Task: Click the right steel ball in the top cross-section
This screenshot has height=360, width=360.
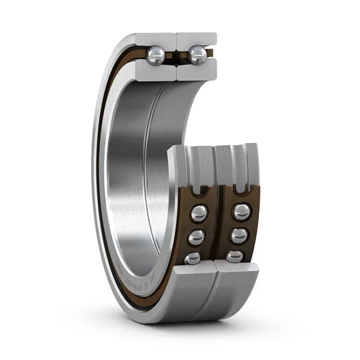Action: coord(198,55)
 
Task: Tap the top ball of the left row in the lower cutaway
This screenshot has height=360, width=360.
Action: coord(199,213)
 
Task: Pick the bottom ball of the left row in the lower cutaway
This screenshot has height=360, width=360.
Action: coord(193,257)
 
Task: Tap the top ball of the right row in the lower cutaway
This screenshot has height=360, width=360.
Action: coord(242,212)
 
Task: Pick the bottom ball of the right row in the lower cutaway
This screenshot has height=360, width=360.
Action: coord(235,256)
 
